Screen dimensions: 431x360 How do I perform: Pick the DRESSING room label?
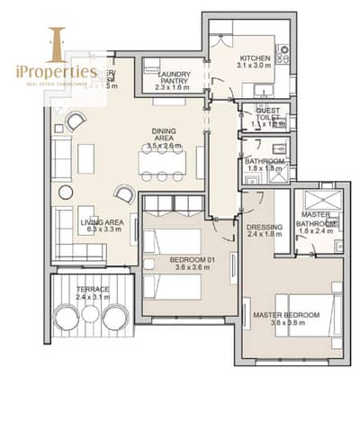pyautogui.click(x=265, y=228)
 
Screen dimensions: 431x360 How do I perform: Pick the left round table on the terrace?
pyautogui.click(x=67, y=316)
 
